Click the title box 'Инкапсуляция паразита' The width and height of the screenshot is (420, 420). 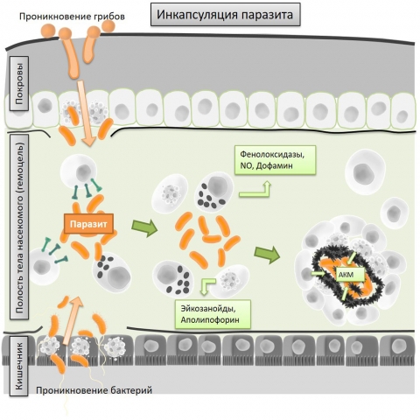(226, 14)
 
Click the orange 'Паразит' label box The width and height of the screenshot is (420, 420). (88, 224)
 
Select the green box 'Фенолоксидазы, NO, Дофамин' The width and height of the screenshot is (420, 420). (276, 160)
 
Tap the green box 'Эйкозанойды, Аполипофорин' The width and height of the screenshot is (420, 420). (213, 314)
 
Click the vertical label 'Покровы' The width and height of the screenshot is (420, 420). (19, 84)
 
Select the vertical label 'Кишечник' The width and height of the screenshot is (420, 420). (19, 366)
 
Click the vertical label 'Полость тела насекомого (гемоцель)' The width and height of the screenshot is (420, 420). (19, 227)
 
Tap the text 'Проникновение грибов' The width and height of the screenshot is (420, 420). (72, 17)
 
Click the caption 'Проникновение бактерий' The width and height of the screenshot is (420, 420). (94, 390)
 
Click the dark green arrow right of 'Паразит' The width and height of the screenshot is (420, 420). (144, 227)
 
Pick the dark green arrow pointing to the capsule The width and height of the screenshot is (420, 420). (267, 255)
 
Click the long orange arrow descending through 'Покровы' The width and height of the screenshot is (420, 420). (87, 114)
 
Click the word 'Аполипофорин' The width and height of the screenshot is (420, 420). (210, 320)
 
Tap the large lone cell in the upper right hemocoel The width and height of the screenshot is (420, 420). (365, 172)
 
